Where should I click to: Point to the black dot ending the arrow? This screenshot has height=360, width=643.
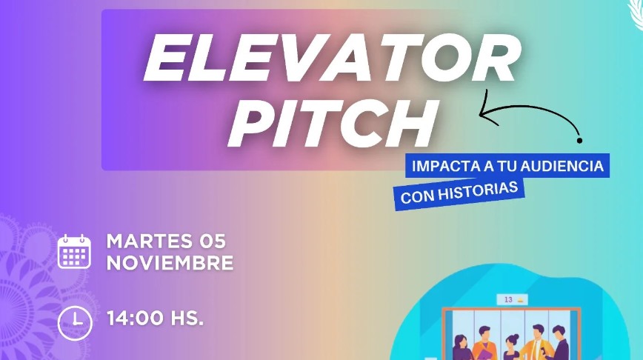tap(579, 141)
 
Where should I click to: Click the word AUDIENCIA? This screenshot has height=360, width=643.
tap(562, 166)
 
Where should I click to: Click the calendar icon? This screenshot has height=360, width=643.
tap(74, 252)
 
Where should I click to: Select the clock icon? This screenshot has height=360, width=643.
tap(75, 324)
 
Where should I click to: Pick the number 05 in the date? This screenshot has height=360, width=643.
tap(213, 241)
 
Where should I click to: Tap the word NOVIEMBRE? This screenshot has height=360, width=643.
tap(170, 263)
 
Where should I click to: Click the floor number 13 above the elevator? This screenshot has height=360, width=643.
tap(508, 300)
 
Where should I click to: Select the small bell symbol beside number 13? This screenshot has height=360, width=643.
tap(521, 300)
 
